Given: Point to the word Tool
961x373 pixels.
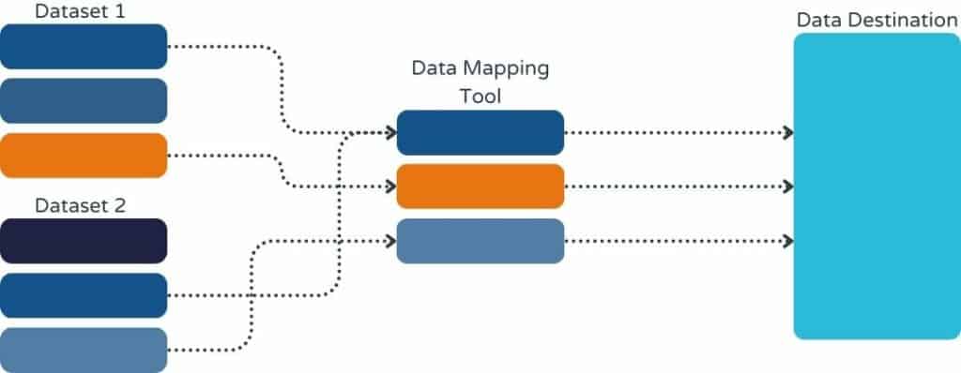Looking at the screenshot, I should [480, 96].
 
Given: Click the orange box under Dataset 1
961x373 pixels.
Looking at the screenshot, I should [84, 156].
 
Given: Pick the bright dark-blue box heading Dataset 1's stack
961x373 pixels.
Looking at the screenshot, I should [84, 47].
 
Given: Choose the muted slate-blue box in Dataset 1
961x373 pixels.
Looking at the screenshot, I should [84, 101].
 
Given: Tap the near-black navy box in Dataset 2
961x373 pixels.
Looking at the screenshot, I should [84, 241].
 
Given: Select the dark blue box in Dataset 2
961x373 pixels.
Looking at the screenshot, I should [84, 295].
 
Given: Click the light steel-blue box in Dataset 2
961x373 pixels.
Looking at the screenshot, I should [84, 350].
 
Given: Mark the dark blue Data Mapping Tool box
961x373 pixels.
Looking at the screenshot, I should [480, 132].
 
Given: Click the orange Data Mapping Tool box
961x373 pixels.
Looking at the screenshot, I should [480, 186].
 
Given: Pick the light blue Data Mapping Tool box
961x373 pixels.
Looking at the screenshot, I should [480, 241].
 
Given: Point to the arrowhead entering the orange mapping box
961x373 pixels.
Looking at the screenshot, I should [389, 186].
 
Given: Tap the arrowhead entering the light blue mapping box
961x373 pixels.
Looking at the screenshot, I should [389, 241].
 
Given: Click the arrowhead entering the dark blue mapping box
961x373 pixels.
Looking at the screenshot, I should [389, 132].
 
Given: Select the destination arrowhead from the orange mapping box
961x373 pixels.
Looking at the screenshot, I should [787, 186].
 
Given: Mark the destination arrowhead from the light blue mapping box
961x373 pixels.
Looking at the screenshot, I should [787, 241].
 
